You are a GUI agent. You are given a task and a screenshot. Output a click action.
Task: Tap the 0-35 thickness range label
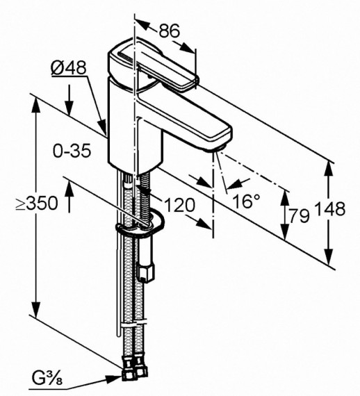(x=72, y=151)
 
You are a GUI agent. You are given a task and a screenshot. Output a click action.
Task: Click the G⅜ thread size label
(x=49, y=379)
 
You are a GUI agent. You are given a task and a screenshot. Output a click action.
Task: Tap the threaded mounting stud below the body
(x=144, y=198)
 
